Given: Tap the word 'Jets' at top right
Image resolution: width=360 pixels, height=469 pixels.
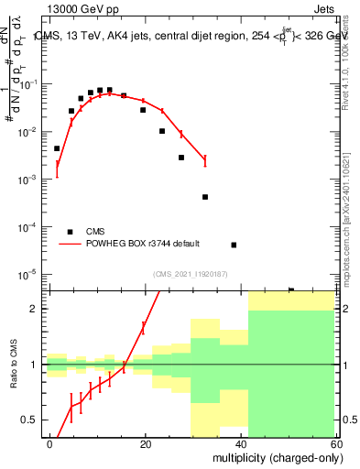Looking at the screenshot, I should (324, 7).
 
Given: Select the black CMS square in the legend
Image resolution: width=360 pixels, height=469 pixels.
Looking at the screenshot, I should (71, 231).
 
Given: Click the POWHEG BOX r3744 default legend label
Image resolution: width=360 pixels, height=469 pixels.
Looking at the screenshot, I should (143, 244).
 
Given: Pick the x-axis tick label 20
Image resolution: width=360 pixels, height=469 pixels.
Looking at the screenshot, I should (145, 443).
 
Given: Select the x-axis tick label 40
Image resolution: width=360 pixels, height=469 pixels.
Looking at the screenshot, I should (241, 443).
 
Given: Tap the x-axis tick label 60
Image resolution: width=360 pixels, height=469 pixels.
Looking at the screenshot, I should (335, 443).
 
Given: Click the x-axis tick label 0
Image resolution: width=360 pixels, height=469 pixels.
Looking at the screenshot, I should (49, 443).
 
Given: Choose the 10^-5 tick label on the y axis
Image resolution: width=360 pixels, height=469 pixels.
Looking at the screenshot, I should (27, 274).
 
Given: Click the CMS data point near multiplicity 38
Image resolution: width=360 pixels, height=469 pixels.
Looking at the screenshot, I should (234, 245).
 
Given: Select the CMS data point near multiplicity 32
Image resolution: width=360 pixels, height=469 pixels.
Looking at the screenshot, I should (205, 197).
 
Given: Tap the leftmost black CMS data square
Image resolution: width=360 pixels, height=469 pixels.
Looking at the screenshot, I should (57, 148).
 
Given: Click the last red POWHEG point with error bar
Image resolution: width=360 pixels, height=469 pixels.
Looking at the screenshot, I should (205, 160).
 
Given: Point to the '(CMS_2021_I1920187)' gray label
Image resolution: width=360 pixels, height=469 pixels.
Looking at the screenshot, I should (190, 272).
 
